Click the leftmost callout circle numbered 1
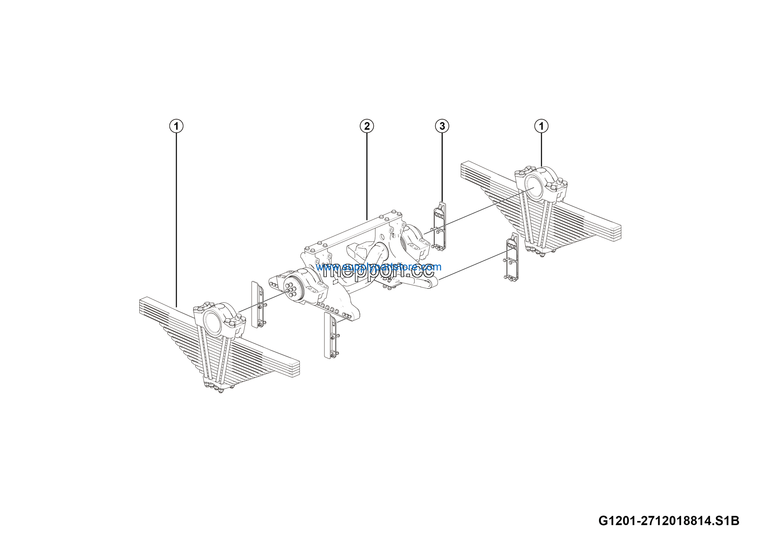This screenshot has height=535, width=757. (x=177, y=126)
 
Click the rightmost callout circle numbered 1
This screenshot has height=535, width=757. (x=541, y=126)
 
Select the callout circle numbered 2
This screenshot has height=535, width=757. (x=367, y=126)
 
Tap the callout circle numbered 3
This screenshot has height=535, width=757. (x=442, y=126)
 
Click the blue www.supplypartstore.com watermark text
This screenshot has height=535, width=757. (x=378, y=267)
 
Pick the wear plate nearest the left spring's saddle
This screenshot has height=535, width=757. (x=257, y=304)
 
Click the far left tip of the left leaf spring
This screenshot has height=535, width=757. (x=141, y=305)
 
